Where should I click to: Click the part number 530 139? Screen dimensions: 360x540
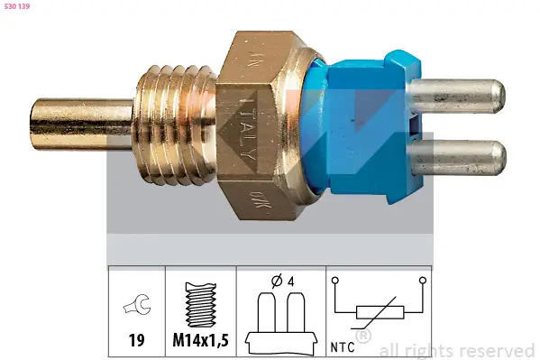pyautogui.click(x=18, y=8)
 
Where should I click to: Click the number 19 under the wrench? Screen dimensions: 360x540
pyautogui.click(x=136, y=342)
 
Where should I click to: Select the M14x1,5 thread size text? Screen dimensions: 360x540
pyautogui.click(x=199, y=342)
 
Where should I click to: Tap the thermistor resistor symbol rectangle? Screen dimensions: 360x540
pyautogui.click(x=378, y=313)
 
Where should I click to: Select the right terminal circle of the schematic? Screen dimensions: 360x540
pyautogui.click(x=421, y=281)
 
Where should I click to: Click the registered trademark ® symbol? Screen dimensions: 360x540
pyautogui.click(x=363, y=337)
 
